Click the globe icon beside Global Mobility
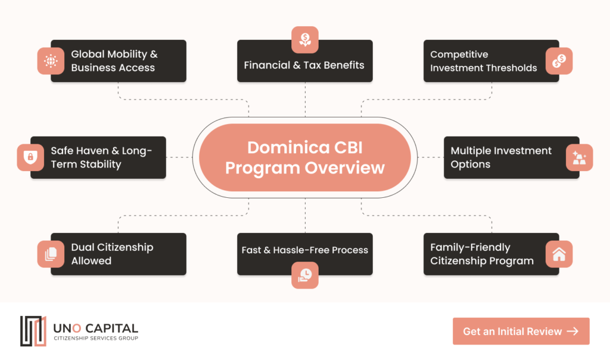51,61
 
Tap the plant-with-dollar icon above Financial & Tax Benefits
305,40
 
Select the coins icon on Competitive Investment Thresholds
559,61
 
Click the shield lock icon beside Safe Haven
30,157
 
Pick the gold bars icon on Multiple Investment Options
579,157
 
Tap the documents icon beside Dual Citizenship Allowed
51,254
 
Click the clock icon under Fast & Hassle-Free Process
305,275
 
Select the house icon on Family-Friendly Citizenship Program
559,254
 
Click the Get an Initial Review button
521,331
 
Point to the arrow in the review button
572,331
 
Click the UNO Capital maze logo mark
33,331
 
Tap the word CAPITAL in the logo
111,328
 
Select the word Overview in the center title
345,168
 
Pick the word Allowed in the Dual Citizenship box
91,260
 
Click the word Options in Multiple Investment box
471,165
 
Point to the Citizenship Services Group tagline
96,338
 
